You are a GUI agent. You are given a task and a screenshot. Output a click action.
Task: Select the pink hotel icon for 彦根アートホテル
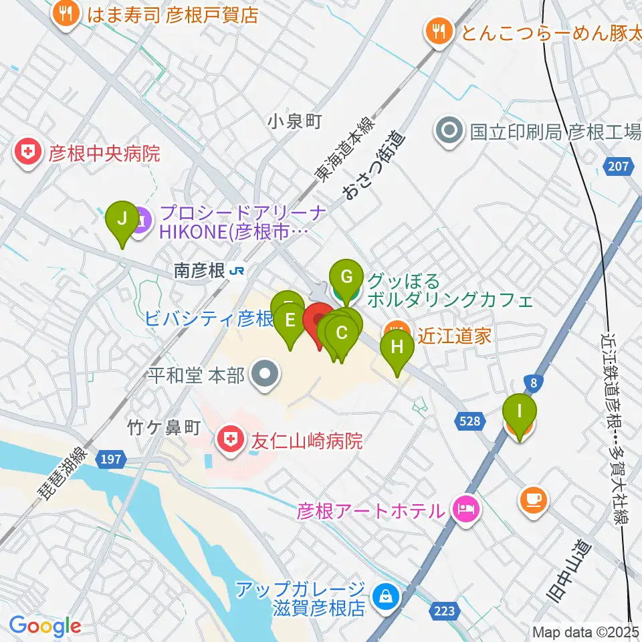tap(465, 511)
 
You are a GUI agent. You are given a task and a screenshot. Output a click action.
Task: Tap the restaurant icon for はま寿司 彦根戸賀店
tap(66, 14)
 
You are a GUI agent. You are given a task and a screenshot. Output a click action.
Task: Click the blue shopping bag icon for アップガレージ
tap(385, 594)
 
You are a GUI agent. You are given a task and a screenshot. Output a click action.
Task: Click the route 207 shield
tap(619, 166)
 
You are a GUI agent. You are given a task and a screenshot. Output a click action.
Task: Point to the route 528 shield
tap(471, 420)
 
